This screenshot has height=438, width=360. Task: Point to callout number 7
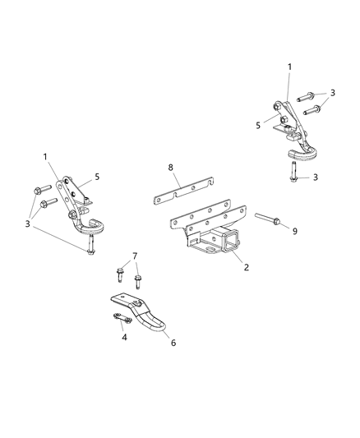(x=136, y=256)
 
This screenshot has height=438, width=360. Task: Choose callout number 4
(x=123, y=336)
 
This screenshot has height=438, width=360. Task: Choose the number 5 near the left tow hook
(x=96, y=175)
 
